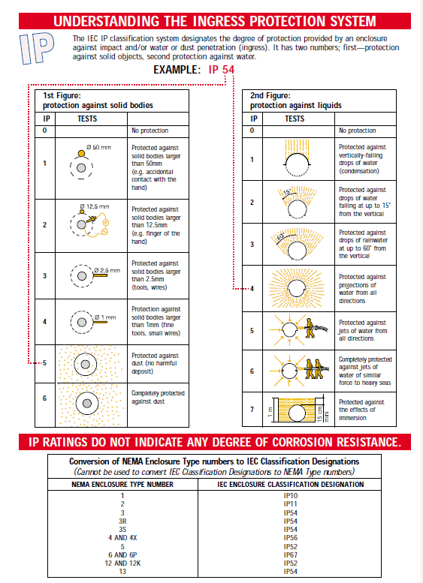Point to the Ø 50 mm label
click(98, 147)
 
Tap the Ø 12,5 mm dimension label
click(95, 206)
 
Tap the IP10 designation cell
click(289, 496)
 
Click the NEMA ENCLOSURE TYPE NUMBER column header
click(122, 484)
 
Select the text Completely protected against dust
click(158, 397)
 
